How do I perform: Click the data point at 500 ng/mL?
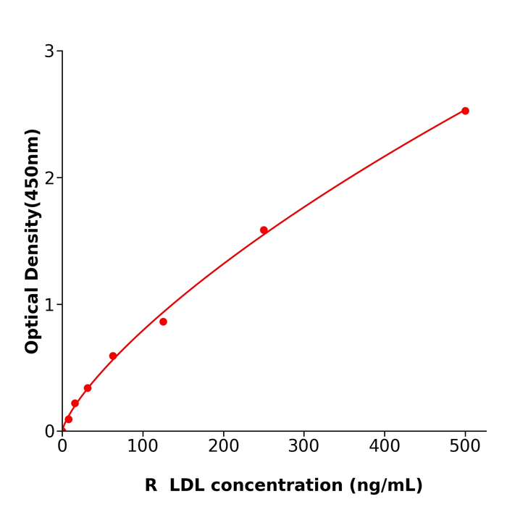pyautogui.click(x=465, y=111)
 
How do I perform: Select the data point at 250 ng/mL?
pyautogui.click(x=264, y=230)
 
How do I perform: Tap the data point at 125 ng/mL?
pyautogui.click(x=163, y=322)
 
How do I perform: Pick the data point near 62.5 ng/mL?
pyautogui.click(x=113, y=356)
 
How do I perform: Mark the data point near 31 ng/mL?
pyautogui.click(x=88, y=388)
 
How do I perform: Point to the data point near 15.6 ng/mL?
pyautogui.click(x=75, y=403)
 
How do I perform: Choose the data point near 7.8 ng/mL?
pyautogui.click(x=69, y=419)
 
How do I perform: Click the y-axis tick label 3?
pyautogui.click(x=49, y=51)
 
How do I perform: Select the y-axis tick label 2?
pyautogui.click(x=49, y=178)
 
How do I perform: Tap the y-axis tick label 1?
pyautogui.click(x=49, y=305)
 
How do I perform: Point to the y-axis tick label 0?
pyautogui.click(x=49, y=432)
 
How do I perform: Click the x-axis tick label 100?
pyautogui.click(x=143, y=447)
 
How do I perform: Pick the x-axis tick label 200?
pyautogui.click(x=223, y=447)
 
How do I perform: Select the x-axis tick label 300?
pyautogui.click(x=303, y=447)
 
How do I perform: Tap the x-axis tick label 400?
pyautogui.click(x=384, y=447)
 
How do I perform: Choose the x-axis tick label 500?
pyautogui.click(x=464, y=447)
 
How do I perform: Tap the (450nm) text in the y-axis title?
pyautogui.click(x=33, y=168)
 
